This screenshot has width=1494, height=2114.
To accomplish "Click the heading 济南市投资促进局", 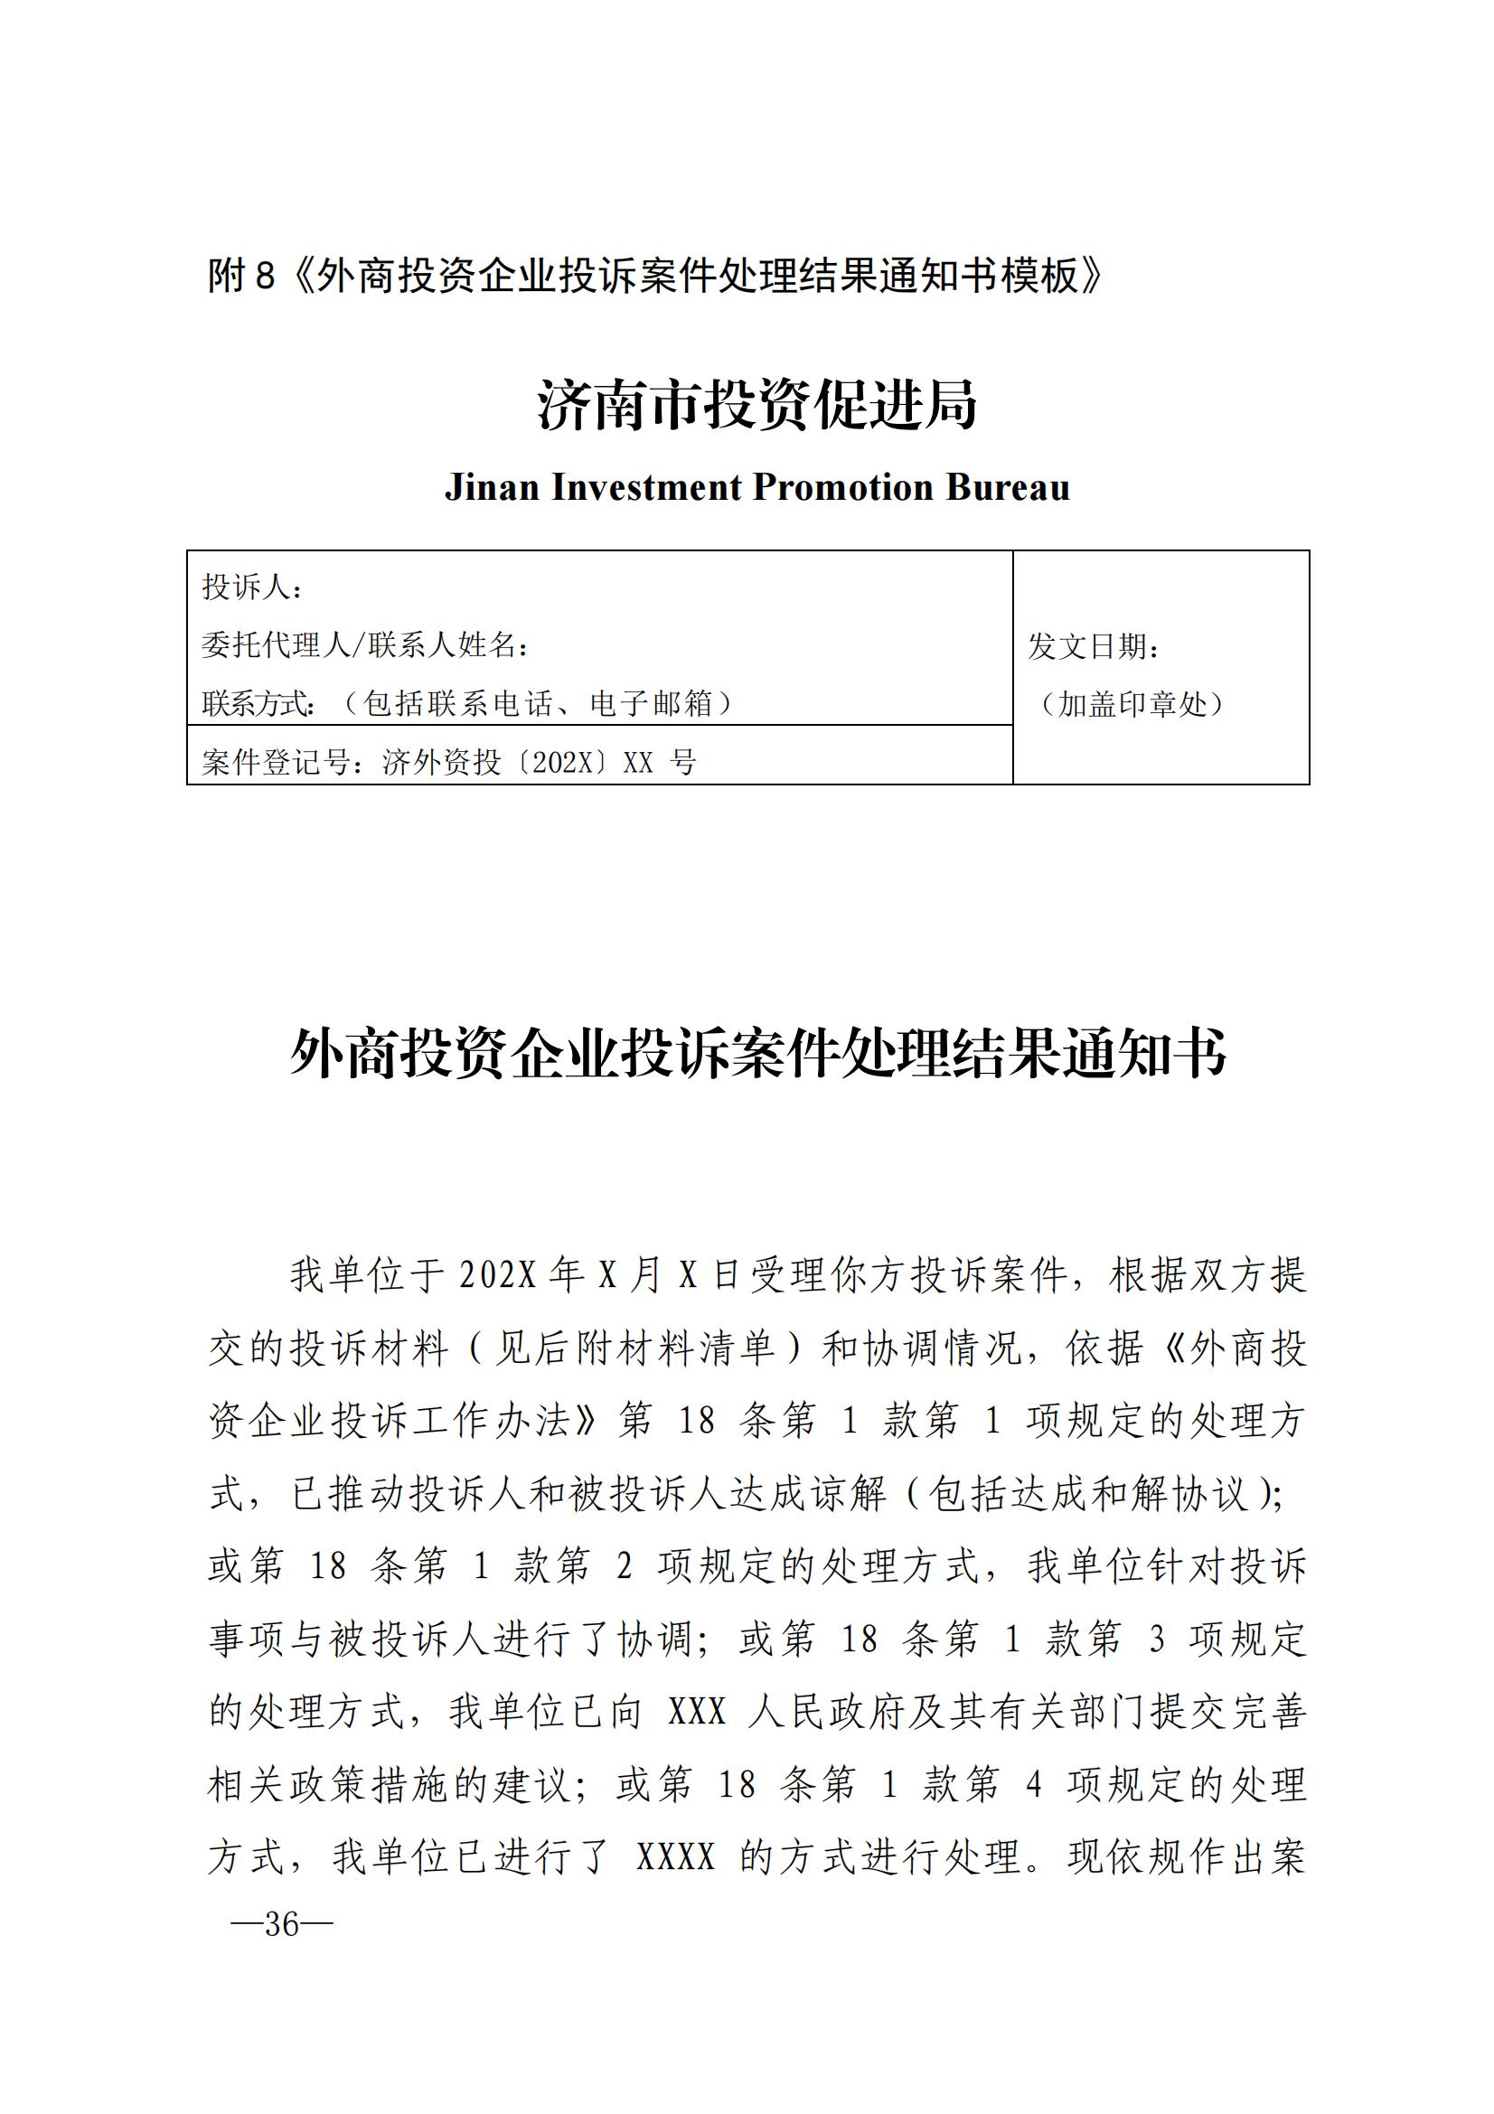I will [756, 406].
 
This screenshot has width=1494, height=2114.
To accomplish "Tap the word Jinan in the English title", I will [492, 487].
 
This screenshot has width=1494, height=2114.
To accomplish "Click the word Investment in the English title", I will [646, 487].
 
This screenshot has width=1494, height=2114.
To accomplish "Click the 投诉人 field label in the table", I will [246, 587].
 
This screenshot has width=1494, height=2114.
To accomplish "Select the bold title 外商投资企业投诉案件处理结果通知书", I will [756, 1053].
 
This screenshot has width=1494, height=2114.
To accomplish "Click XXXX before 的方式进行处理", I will [676, 1857].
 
